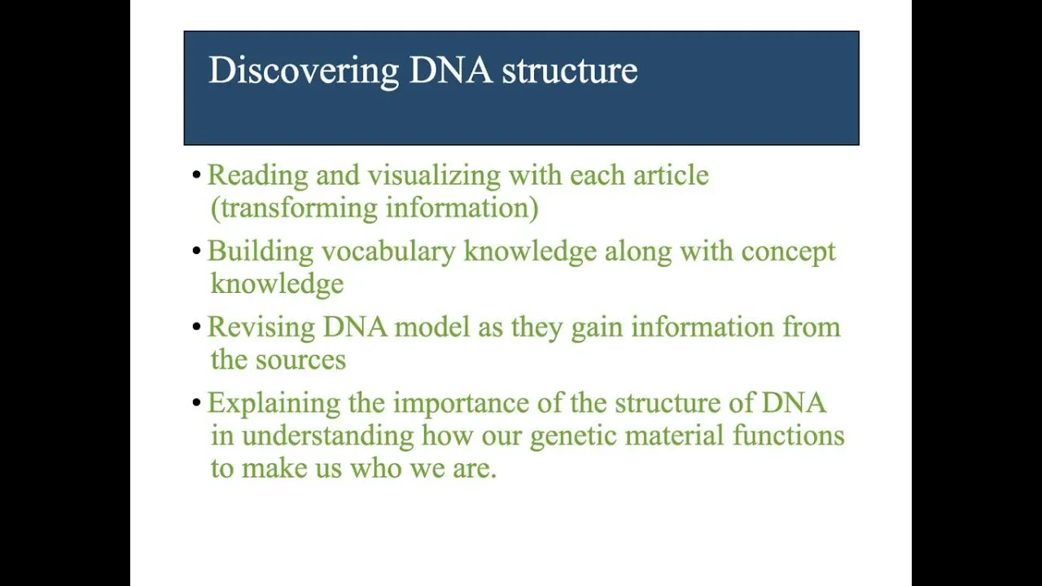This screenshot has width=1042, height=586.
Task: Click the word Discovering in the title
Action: [304, 71]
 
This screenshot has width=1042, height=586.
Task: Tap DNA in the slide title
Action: [450, 70]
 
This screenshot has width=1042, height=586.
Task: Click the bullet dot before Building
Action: [196, 251]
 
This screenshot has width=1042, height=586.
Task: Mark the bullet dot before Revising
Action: [196, 327]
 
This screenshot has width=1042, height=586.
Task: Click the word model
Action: [432, 326]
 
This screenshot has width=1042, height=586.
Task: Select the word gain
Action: [597, 328]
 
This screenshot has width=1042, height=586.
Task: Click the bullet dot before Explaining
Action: [196, 403]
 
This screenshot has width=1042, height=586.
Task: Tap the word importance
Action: [461, 404]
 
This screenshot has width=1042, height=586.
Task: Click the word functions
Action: [789, 435]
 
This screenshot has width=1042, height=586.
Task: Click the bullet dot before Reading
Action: [196, 175]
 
